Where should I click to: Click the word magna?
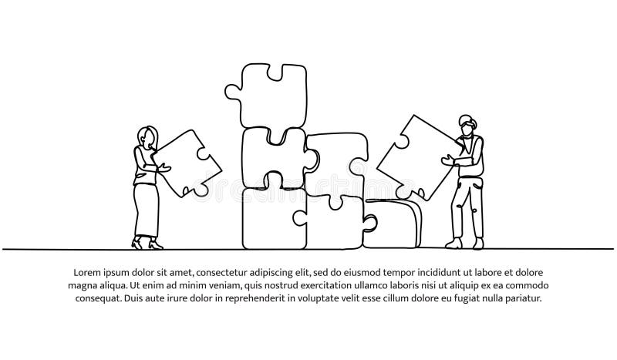click(x=89, y=286)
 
